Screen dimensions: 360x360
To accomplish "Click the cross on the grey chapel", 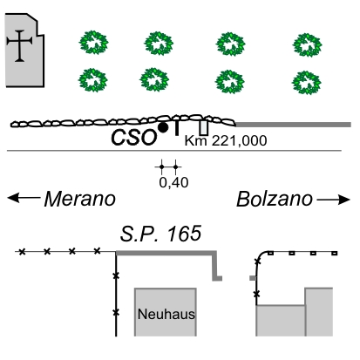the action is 19,45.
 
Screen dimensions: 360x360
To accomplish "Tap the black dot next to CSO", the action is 163,127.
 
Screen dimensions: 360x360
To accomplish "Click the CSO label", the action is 133,138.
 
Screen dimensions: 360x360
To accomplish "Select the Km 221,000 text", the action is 226,140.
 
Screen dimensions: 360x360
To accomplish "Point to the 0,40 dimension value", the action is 173,182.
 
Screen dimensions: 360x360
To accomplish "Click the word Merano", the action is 80,199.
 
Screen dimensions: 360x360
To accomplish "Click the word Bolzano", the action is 275,199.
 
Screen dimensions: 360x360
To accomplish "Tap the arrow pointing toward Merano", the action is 24,198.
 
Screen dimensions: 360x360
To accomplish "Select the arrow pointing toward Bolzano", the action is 334,200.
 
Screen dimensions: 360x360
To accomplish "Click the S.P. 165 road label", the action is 160,234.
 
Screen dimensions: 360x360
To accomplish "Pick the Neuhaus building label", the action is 166,314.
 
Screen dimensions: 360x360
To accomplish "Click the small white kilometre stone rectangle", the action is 204,128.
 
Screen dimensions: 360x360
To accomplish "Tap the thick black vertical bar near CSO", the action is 176,128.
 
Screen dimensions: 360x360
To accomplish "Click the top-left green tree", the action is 93,43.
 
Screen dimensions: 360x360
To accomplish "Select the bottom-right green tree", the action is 307,83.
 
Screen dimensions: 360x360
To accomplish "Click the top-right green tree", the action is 307,45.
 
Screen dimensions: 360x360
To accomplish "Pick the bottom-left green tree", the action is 93,80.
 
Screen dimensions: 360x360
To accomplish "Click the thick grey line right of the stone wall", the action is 293,125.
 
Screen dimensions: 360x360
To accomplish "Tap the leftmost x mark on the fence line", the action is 22,252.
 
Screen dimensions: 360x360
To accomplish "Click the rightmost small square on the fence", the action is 335,254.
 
